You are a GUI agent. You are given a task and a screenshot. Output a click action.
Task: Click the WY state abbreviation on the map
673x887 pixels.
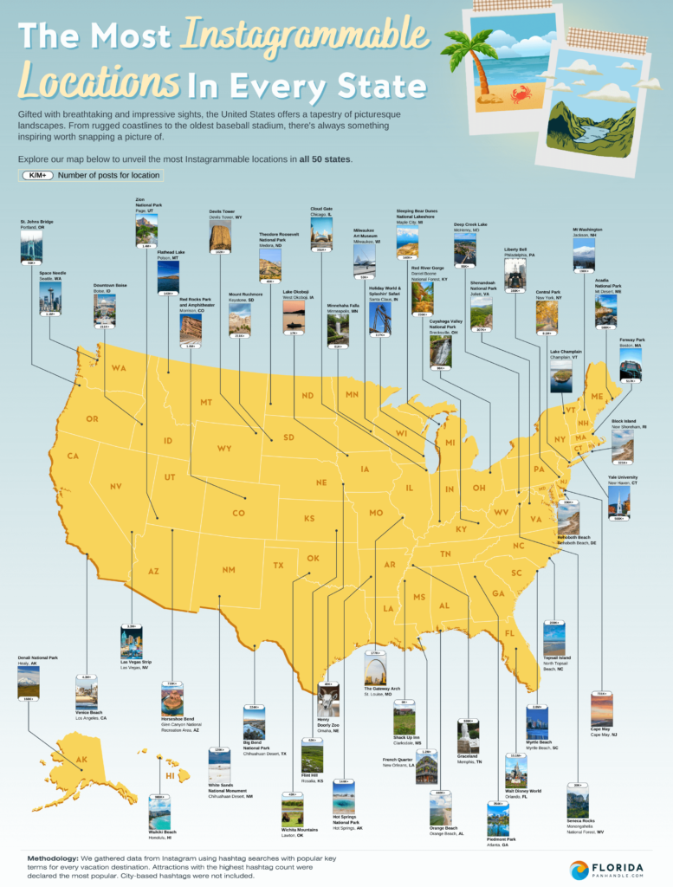tap(224, 449)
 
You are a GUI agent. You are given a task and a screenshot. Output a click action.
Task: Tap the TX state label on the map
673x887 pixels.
tap(279, 566)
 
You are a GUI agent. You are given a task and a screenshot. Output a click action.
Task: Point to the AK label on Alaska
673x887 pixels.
tap(81, 760)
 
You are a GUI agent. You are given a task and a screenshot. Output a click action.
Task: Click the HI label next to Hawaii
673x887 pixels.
tap(171, 774)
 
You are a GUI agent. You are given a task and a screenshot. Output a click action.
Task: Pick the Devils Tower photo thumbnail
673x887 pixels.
tap(220, 235)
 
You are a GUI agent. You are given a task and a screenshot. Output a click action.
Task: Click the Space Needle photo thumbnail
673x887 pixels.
tap(49, 296)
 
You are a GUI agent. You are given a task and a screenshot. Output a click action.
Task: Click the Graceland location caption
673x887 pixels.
tap(469, 754)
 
